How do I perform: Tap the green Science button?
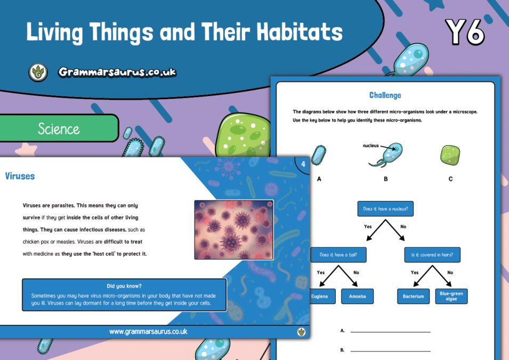[x=59, y=129]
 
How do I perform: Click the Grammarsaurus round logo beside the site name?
[x=38, y=72]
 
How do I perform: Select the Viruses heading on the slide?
[x=20, y=175]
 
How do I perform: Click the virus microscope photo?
[x=233, y=230]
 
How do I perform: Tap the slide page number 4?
[x=303, y=164]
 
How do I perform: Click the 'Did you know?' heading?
[x=124, y=286]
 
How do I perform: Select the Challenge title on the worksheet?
[x=385, y=95]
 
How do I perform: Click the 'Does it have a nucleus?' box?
[x=385, y=209]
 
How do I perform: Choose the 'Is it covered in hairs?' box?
[x=432, y=255]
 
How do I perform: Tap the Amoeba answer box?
[x=357, y=297]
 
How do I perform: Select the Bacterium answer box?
[x=413, y=297]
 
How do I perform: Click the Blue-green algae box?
[x=451, y=296]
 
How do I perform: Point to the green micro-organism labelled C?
[x=450, y=155]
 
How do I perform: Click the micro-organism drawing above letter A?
[x=319, y=155]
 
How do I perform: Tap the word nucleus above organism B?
[x=370, y=145]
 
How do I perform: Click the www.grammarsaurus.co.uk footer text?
[x=148, y=332]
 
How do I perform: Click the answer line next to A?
[x=390, y=331]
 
